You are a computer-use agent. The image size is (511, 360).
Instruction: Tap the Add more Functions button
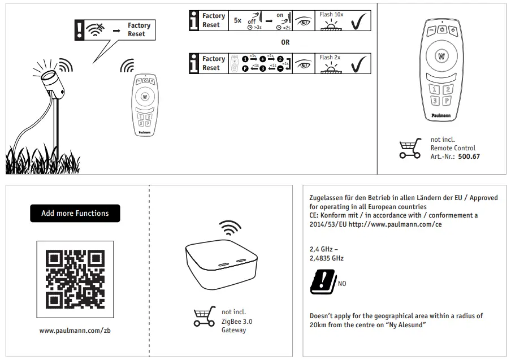(x=75, y=213)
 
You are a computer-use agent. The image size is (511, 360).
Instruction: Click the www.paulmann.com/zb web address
(x=75, y=330)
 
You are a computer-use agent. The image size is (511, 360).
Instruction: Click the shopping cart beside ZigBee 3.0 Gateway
(x=203, y=316)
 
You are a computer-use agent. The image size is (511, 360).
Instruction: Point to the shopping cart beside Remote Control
(x=410, y=149)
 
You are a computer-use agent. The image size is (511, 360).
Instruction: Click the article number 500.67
(x=469, y=157)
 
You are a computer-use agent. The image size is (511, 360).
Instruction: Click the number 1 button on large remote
(x=434, y=89)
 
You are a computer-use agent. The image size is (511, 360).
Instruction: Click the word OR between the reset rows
(x=285, y=42)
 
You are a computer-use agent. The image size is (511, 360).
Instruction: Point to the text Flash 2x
(x=330, y=57)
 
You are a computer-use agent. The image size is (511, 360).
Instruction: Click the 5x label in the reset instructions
(x=237, y=20)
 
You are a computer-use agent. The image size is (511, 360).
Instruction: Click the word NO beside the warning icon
(x=342, y=284)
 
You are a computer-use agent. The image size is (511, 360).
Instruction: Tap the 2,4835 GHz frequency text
(x=326, y=258)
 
